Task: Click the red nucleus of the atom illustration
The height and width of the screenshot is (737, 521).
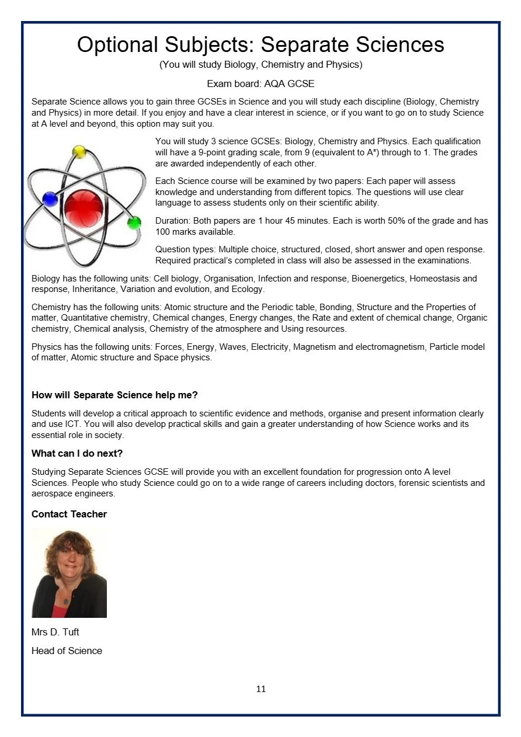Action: [x=84, y=207]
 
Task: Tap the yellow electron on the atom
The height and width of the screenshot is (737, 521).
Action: [x=79, y=152]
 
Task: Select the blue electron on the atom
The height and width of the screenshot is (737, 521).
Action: [x=50, y=199]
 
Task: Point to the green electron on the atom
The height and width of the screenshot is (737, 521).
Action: [x=134, y=223]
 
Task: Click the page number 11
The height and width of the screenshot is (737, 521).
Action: [x=260, y=689]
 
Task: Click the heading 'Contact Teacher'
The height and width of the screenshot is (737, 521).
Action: [x=69, y=514]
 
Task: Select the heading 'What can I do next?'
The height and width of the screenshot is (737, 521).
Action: [x=77, y=453]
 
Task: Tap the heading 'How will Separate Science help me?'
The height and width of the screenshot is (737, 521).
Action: [x=114, y=395]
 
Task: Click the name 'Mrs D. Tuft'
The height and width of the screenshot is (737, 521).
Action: [x=55, y=632]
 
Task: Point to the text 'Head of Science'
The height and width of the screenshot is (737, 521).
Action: [x=67, y=651]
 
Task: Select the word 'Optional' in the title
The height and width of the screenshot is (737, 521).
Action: [x=117, y=45]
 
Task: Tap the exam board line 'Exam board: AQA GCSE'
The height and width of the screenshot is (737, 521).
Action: [x=260, y=84]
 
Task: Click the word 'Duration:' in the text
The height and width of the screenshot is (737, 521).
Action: [x=173, y=221]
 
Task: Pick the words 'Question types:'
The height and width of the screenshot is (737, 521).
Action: [x=185, y=249]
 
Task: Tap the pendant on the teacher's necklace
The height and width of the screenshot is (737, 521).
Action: [x=66, y=602]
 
